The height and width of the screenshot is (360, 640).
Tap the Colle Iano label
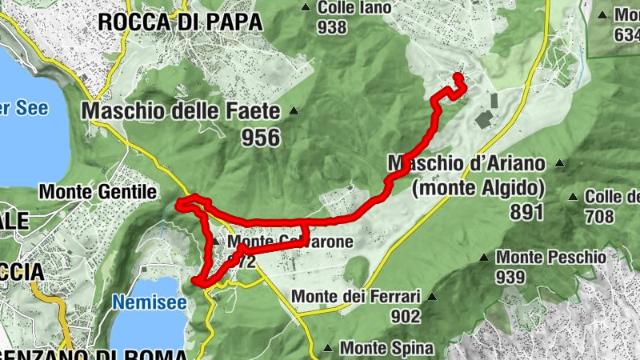point(354,8)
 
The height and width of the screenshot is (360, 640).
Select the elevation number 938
point(332,27)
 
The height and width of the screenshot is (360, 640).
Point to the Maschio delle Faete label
point(181,110)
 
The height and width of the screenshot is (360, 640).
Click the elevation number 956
point(261,138)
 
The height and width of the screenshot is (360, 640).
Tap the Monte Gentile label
point(97,192)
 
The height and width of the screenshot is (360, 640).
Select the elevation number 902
point(406,316)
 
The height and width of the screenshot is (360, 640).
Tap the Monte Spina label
point(386,348)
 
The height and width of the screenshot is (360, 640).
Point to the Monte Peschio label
point(551,258)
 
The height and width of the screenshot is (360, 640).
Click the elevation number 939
point(510,277)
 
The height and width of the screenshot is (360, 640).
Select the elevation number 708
point(598,216)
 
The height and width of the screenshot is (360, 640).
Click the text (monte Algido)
point(478,189)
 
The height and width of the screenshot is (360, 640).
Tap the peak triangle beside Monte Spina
point(328,348)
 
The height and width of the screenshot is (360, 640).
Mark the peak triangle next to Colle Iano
point(305,8)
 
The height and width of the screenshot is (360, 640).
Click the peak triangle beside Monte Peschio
point(484,258)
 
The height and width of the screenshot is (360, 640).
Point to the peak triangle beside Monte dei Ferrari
point(432,296)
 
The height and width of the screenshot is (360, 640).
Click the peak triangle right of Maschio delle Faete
point(294,110)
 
